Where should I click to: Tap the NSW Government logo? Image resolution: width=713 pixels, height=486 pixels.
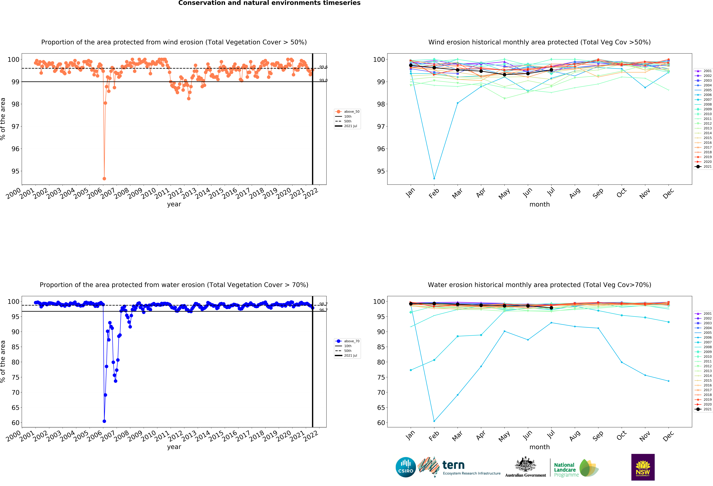(643, 467)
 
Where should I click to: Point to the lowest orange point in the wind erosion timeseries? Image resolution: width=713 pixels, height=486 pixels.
(104, 179)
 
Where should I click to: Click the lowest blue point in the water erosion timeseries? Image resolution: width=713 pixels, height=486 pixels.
(104, 421)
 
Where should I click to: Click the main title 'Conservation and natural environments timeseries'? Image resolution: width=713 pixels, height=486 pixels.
(269, 3)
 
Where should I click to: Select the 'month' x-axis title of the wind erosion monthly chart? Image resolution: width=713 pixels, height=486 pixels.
(539, 204)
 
